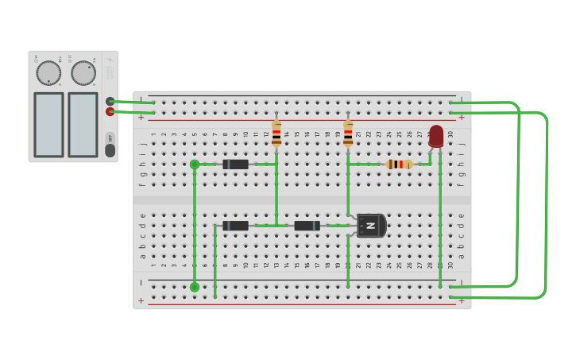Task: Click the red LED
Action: coord(436,135)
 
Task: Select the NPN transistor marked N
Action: coord(370,226)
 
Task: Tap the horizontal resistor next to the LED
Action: coord(399,165)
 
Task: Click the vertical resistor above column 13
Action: coord(276,134)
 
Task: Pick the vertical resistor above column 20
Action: coord(348,134)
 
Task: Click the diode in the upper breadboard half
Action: coord(235,165)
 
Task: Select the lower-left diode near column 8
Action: coord(235,226)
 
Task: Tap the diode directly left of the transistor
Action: coord(307,226)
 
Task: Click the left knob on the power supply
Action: coord(48,73)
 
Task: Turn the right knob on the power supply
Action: coord(83,73)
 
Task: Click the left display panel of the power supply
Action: coord(48,124)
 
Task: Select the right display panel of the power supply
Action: coord(83,124)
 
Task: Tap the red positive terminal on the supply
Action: coord(110,112)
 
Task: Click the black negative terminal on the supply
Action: coord(110,101)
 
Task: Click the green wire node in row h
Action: coord(195,165)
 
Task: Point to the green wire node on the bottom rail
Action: coord(195,287)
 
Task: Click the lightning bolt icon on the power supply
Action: coord(110,60)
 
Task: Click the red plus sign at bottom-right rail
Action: coord(461,300)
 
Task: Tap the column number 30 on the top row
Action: coord(450,134)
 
